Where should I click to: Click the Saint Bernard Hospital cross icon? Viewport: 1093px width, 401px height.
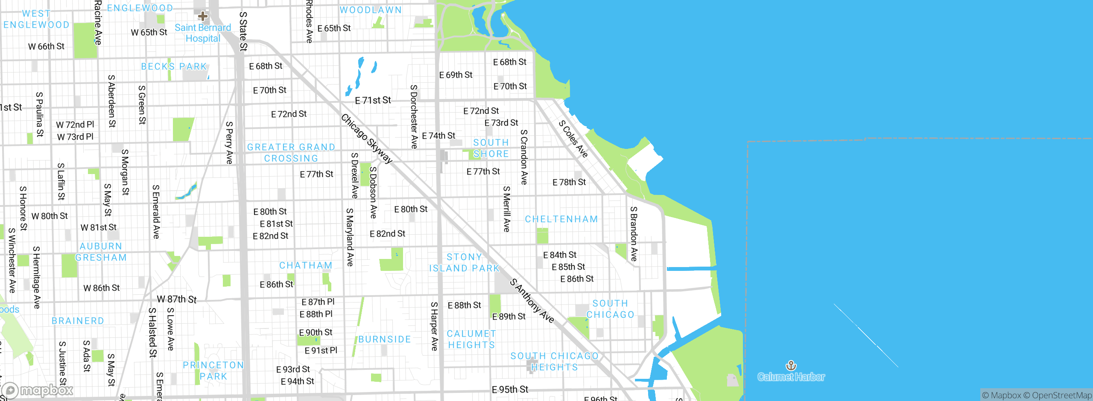click(203, 17)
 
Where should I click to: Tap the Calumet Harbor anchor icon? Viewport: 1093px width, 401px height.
click(791, 366)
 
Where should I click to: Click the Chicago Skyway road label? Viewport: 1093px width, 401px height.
click(366, 139)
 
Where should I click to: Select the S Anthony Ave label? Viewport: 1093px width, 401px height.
click(532, 301)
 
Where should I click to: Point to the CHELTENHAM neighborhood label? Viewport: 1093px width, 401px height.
click(561, 219)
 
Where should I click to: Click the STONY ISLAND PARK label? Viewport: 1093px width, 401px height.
click(464, 263)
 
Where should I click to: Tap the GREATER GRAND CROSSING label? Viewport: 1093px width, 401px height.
click(291, 153)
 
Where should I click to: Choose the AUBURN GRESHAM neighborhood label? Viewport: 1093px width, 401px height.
click(101, 252)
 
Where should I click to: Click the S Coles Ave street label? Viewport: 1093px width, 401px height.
click(573, 139)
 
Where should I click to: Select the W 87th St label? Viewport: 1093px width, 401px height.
click(177, 299)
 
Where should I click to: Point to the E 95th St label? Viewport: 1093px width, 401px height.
click(510, 389)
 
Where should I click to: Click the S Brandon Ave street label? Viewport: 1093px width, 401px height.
click(634, 234)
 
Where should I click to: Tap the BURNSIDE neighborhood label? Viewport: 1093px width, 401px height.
click(384, 340)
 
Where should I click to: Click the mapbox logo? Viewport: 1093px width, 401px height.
click(38, 390)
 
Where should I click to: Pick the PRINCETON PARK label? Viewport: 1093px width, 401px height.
click(213, 371)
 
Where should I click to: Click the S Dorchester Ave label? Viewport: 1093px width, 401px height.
click(413, 116)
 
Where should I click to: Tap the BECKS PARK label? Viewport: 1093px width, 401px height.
click(174, 67)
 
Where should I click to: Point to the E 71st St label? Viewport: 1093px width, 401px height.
click(373, 101)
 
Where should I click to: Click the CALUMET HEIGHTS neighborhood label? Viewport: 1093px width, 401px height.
click(471, 339)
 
